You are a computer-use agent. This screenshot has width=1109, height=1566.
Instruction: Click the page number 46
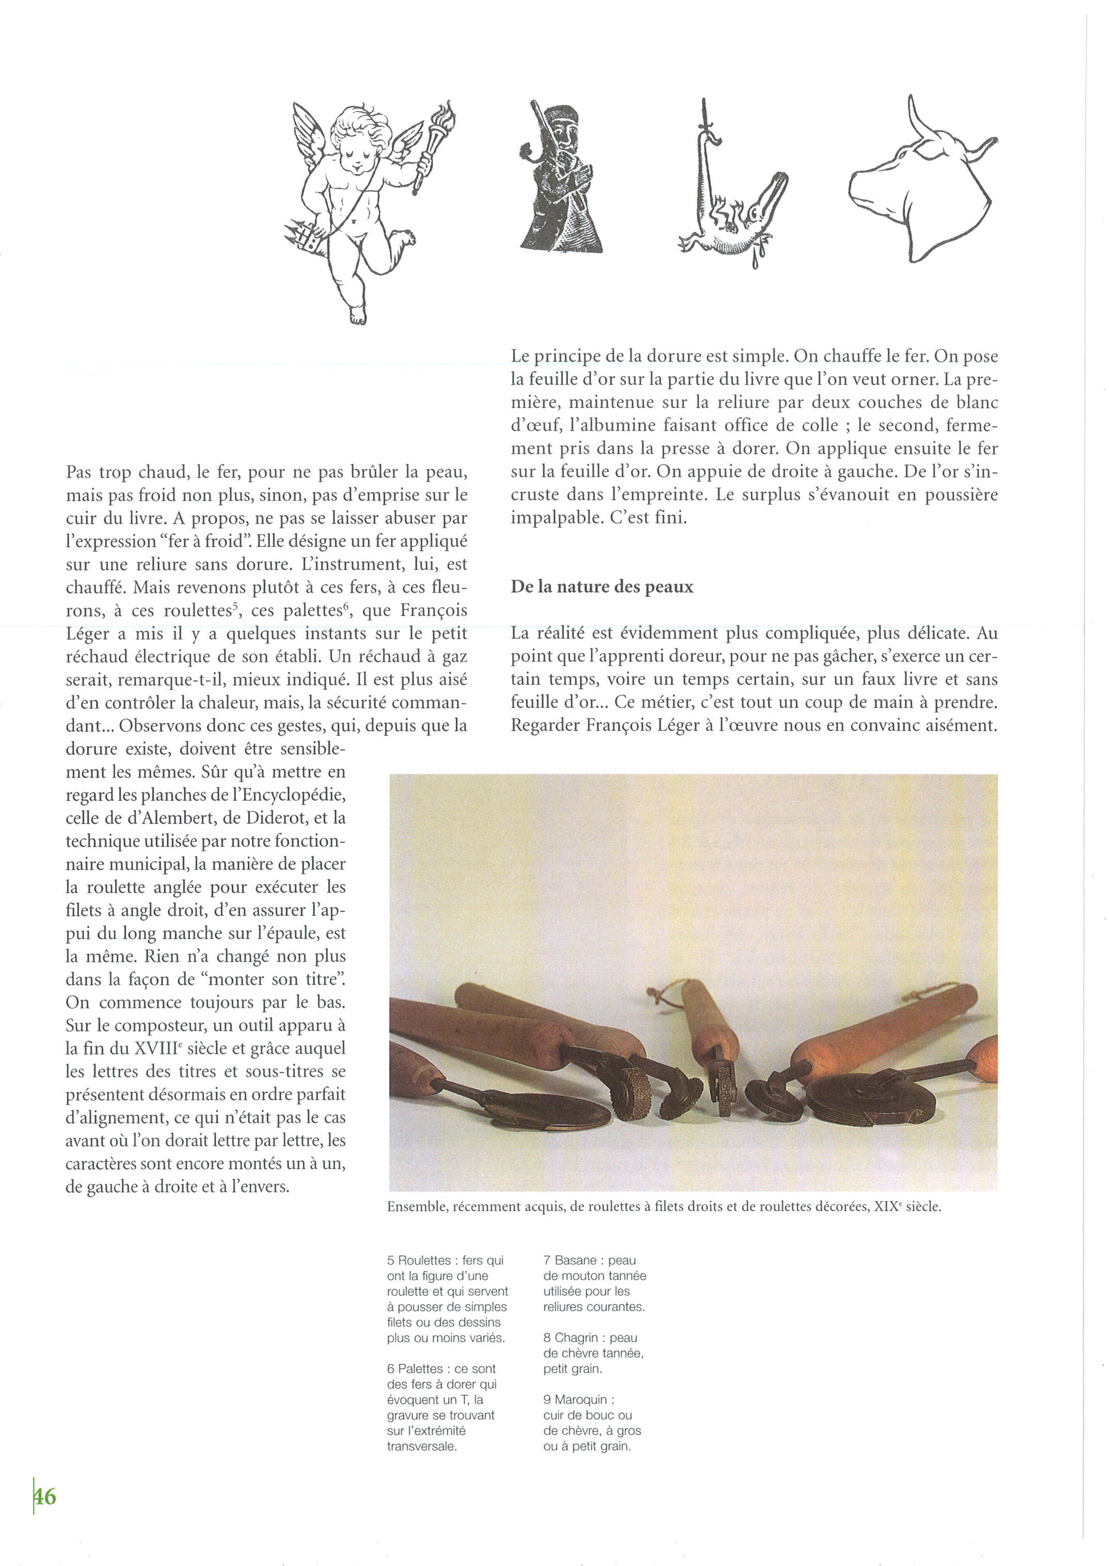point(45,1496)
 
